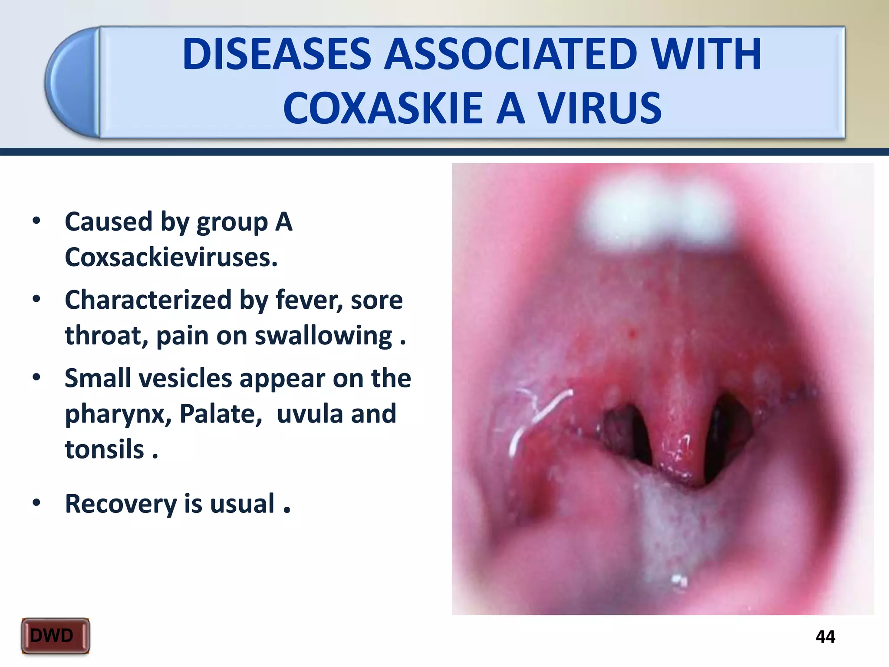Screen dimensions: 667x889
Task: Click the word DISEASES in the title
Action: (x=277, y=54)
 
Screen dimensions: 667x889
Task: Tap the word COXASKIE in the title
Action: (x=383, y=109)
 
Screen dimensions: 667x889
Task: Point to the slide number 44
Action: (x=825, y=637)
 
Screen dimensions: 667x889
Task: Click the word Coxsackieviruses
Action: (x=171, y=258)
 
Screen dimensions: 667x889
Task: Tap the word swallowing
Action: (x=323, y=336)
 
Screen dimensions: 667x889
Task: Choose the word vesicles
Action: (x=185, y=378)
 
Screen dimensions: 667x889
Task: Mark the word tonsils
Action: (x=104, y=449)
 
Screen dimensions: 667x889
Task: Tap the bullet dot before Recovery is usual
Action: (x=36, y=503)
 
